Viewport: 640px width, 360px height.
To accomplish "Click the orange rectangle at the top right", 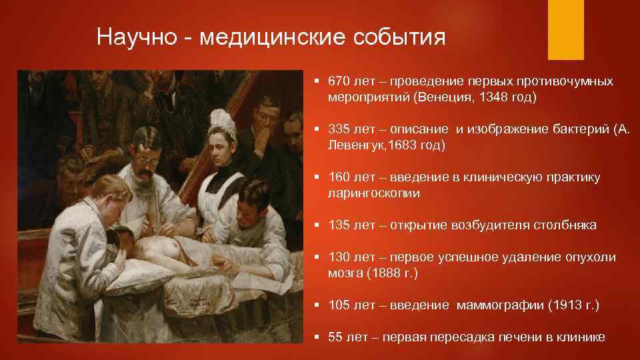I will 565,29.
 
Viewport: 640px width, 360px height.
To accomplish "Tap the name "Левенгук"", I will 356,145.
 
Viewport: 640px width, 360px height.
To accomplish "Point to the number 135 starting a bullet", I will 339,225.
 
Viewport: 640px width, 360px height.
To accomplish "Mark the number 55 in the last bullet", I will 336,337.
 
